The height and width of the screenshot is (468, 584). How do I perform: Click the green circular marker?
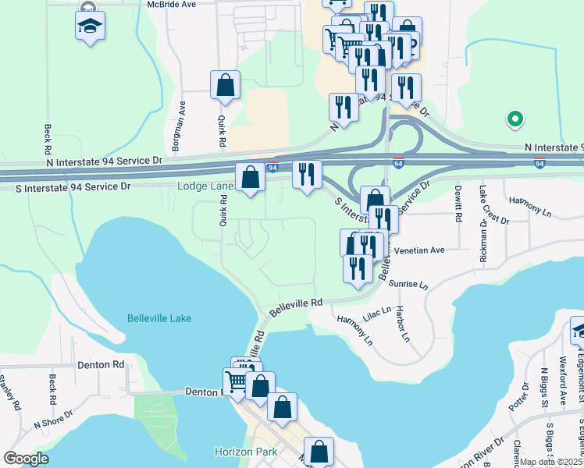point(515,119)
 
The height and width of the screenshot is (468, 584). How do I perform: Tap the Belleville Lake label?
point(159,318)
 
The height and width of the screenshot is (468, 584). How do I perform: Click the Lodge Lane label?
point(205,186)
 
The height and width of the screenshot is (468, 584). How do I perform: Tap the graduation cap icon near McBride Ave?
point(91,26)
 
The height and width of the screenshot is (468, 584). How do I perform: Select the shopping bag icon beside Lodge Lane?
point(251,178)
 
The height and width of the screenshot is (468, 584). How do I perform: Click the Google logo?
point(25,459)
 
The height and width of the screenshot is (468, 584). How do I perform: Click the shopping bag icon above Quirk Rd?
point(225,85)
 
